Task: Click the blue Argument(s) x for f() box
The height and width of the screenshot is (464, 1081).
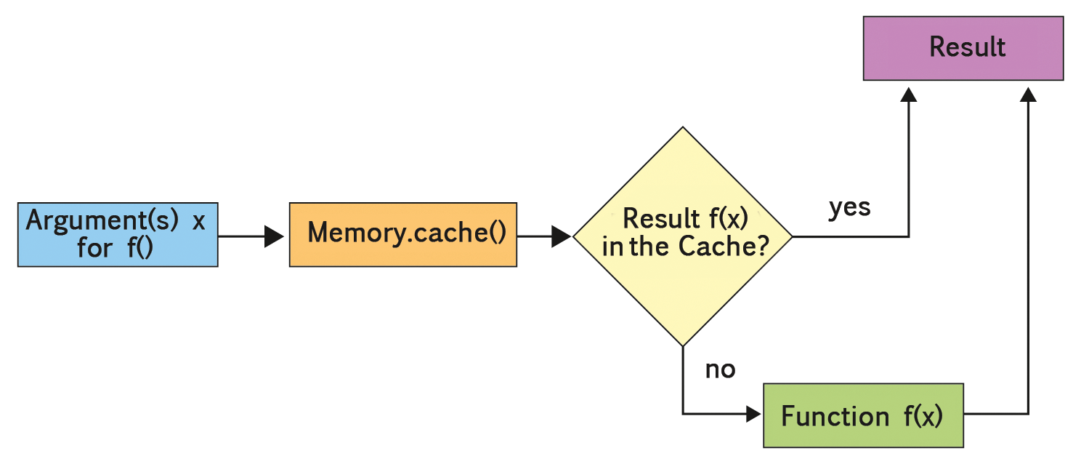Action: point(118,235)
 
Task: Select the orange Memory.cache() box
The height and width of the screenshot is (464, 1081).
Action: point(402,234)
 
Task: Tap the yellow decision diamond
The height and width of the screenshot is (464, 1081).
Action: point(682,236)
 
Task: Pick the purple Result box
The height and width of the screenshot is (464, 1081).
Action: point(963,48)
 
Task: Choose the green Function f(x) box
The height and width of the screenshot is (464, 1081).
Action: point(863,415)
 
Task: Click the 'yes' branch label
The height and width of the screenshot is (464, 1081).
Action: point(849,207)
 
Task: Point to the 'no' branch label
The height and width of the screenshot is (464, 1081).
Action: point(720,369)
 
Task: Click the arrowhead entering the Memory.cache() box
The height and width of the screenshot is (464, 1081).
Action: point(275,236)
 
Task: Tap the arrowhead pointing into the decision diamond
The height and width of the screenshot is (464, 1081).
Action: point(562,236)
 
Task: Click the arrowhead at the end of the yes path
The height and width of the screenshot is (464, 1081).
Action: point(908,95)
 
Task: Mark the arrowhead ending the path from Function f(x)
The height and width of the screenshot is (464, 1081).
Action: point(1028,95)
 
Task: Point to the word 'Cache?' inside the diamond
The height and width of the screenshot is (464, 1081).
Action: point(724,247)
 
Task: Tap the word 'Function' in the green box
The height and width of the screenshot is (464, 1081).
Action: point(835,416)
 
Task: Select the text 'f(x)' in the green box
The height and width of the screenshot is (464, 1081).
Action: point(923,416)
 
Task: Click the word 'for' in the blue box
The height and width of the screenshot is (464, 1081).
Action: point(94,249)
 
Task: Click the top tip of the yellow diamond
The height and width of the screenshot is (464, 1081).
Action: point(682,128)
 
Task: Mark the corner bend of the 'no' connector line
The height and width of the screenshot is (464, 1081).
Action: point(683,415)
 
